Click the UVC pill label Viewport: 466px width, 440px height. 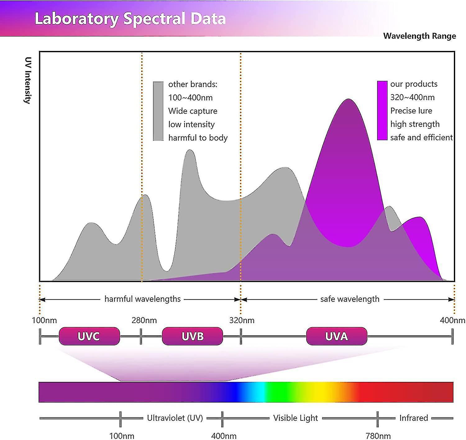89,336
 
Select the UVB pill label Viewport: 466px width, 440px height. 192,336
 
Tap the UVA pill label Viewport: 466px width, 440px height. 336,336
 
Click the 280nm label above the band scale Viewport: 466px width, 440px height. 144,320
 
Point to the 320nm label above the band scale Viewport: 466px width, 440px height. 242,320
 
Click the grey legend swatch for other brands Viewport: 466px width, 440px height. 158,111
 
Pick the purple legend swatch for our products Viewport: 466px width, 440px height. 382,110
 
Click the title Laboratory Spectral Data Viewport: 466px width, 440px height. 130,19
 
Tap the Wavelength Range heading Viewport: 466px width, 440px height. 419,36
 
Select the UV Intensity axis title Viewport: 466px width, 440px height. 28,80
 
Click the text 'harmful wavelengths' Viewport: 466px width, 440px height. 143,299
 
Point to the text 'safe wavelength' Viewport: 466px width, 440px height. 350,299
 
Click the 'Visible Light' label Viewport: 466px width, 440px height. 295,418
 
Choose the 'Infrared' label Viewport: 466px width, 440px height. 413,418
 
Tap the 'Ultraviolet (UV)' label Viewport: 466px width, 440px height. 175,418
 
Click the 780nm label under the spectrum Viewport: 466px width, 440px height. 378,436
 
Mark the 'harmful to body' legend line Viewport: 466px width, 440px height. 198,138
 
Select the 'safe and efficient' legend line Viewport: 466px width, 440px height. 421,137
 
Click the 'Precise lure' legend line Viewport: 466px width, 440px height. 411,111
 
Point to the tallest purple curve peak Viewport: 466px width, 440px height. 349,100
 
